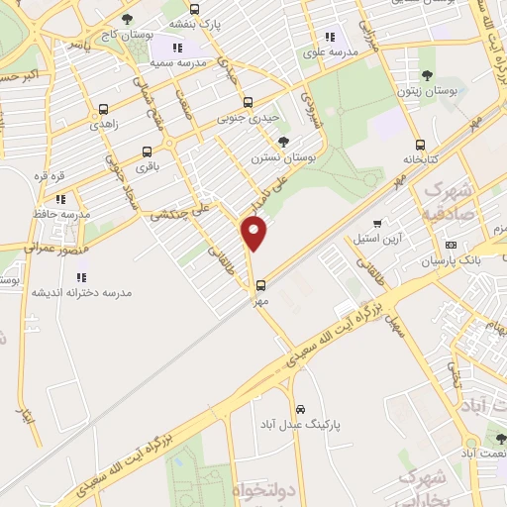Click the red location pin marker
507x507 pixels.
255,234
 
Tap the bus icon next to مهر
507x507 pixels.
260,284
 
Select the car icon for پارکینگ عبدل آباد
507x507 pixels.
300,409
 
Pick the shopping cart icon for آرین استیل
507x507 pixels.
377,224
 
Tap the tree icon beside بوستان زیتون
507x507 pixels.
427,75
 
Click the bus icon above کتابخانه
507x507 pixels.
420,145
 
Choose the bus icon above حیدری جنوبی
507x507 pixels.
248,101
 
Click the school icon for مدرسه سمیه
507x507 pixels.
177,47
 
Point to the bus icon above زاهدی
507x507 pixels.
103,110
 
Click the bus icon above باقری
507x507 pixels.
148,152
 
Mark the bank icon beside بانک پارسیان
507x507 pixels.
452,245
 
